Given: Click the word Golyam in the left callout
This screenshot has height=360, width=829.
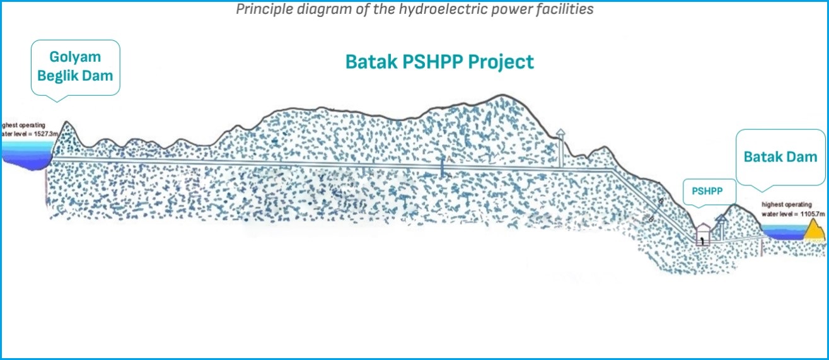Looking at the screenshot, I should (75, 57).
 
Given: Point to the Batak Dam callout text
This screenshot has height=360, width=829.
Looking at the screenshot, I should (780, 157).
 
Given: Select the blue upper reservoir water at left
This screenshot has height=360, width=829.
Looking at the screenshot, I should (25, 154).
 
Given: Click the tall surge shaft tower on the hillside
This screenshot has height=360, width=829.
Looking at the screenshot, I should (560, 148).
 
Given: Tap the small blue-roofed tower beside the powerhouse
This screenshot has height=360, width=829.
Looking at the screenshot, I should (720, 226).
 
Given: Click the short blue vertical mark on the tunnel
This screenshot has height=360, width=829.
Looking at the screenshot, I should (442, 167).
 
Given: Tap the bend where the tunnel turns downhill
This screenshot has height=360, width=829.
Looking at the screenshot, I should (614, 171).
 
